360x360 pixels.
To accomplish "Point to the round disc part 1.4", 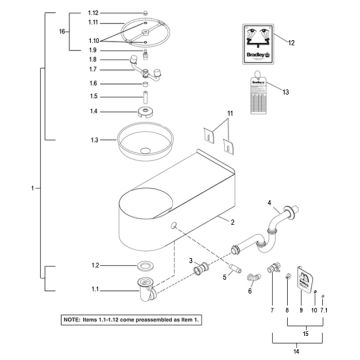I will coord(147,113).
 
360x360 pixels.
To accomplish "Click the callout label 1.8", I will coord(92,61).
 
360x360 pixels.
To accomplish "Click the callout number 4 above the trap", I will coord(269,203).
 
